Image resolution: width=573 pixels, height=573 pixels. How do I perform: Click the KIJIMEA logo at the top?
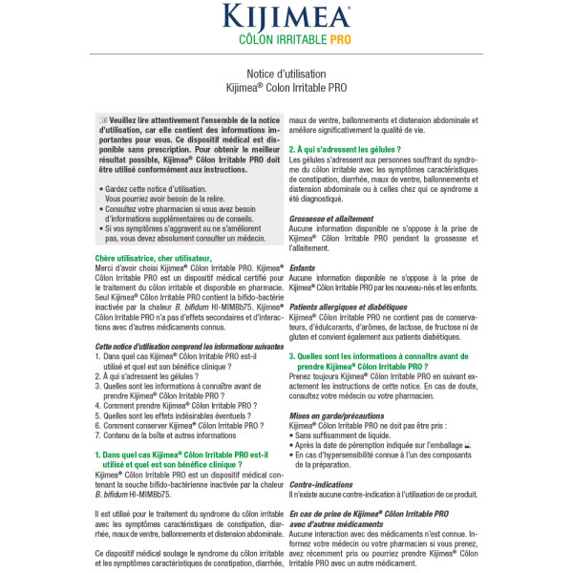tap(286, 17)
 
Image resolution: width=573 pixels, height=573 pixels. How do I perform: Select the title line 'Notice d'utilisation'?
tap(286, 74)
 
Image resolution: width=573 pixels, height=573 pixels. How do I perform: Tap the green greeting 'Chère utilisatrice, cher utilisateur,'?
tap(154, 259)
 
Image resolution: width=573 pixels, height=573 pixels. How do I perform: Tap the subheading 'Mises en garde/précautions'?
tap(336, 416)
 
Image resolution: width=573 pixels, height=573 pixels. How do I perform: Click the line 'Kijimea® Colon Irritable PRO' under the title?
tap(286, 87)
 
